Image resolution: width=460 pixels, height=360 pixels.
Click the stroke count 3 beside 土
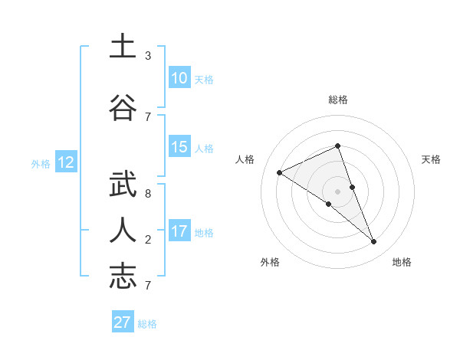(148, 56)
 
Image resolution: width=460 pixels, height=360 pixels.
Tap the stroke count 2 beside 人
(148, 240)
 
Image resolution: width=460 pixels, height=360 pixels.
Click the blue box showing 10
(179, 78)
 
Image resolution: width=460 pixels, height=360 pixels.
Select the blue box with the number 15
(179, 147)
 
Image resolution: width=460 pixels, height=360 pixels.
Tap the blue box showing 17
(179, 231)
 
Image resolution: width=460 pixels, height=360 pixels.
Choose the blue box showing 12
(66, 162)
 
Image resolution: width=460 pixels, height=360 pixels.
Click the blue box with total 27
(123, 322)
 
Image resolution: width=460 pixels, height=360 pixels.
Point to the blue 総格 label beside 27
(147, 324)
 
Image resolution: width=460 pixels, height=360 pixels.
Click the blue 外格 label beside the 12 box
(41, 163)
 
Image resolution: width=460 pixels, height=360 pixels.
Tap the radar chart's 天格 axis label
(431, 159)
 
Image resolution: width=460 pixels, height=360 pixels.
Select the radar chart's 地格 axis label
(402, 262)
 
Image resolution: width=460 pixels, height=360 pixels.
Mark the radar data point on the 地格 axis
(374, 241)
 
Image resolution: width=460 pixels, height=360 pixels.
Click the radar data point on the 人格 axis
(279, 172)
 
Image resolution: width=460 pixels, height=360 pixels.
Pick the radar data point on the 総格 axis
(337, 146)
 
